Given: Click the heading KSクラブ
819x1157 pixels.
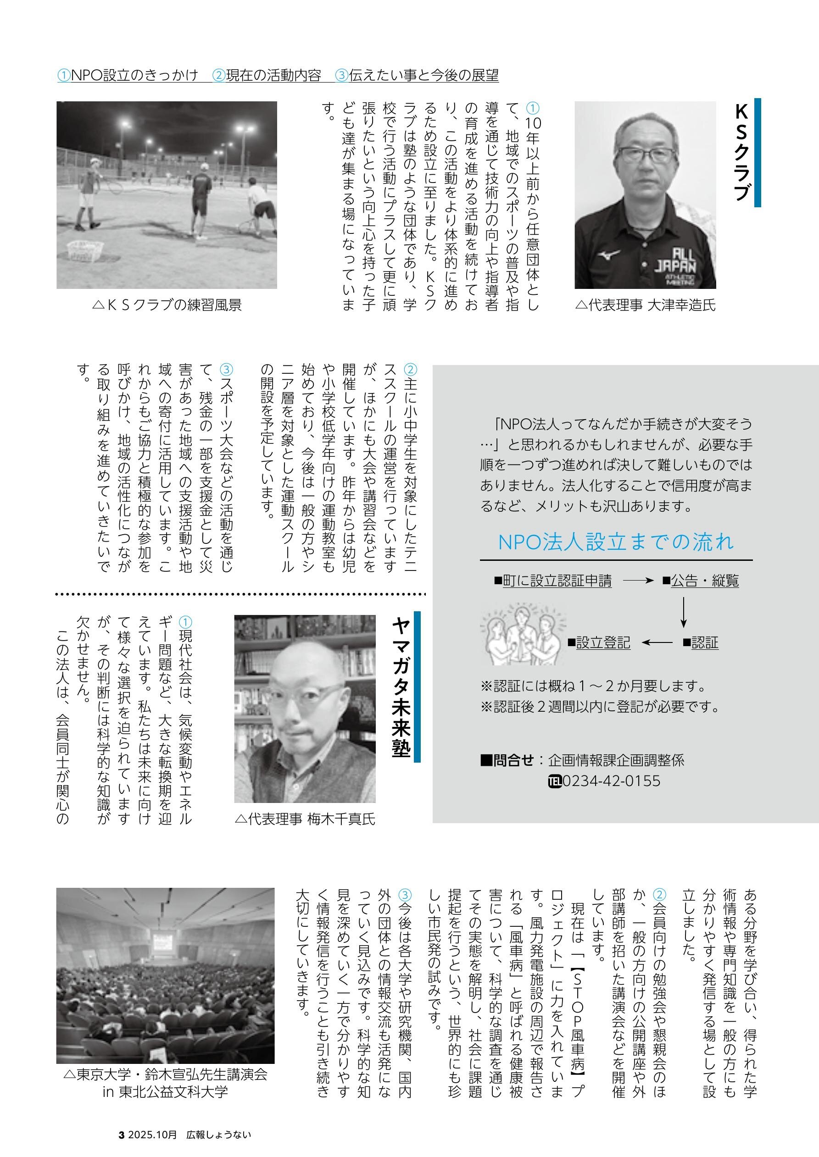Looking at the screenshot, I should [741, 152].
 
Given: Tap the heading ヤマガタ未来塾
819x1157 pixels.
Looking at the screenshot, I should [401, 687].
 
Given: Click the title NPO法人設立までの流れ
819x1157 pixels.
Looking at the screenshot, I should [615, 542].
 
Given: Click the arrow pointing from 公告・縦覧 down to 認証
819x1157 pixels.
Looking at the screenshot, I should [683, 612].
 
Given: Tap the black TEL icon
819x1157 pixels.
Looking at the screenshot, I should [555, 781].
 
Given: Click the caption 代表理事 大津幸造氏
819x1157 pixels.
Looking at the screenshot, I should [646, 305].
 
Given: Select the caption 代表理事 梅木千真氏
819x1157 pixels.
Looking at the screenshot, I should [305, 819].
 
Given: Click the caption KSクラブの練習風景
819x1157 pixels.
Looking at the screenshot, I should [167, 305].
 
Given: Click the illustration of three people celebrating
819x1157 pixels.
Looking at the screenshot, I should [523, 636].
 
